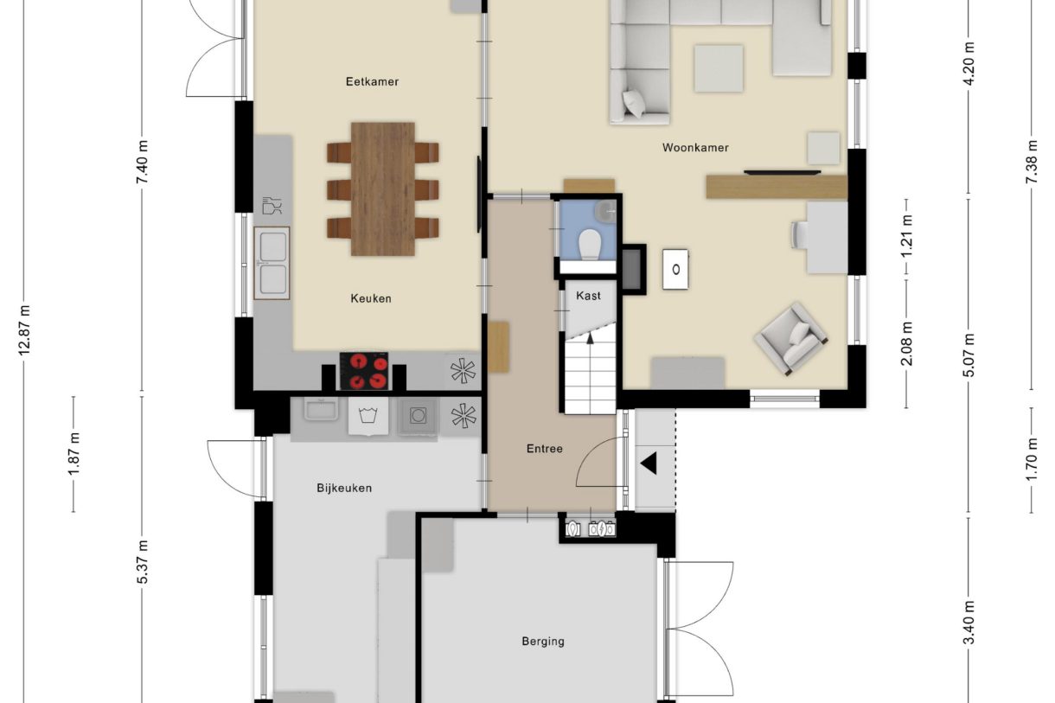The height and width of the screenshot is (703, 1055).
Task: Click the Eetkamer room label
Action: pyautogui.click(x=372, y=82)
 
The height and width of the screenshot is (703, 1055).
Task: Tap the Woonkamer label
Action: pyautogui.click(x=695, y=148)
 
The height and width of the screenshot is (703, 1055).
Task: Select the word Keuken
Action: pyautogui.click(x=371, y=298)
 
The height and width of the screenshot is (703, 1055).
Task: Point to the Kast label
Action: pyautogui.click(x=588, y=296)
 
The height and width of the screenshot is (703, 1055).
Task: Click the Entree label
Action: pyautogui.click(x=545, y=449)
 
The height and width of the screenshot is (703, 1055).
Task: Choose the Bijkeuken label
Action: pyautogui.click(x=344, y=489)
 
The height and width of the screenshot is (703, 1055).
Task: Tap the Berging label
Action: pyautogui.click(x=543, y=642)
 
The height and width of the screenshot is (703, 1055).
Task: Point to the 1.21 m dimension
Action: pyautogui.click(x=906, y=236)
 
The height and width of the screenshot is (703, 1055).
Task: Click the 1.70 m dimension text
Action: pyautogui.click(x=1032, y=459)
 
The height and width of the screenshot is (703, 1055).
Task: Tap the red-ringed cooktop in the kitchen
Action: pyautogui.click(x=364, y=371)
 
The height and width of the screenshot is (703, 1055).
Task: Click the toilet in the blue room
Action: pyautogui.click(x=589, y=245)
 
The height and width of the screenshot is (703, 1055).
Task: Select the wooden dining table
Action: pyautogui.click(x=383, y=189)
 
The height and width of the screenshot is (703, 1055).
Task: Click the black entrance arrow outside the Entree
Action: pyautogui.click(x=649, y=463)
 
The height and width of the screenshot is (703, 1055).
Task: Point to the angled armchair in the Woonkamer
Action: pyautogui.click(x=790, y=339)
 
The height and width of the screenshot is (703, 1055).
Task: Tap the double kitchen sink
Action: pyautogui.click(x=272, y=263)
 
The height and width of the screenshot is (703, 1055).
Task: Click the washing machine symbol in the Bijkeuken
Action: pyautogui.click(x=368, y=416)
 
